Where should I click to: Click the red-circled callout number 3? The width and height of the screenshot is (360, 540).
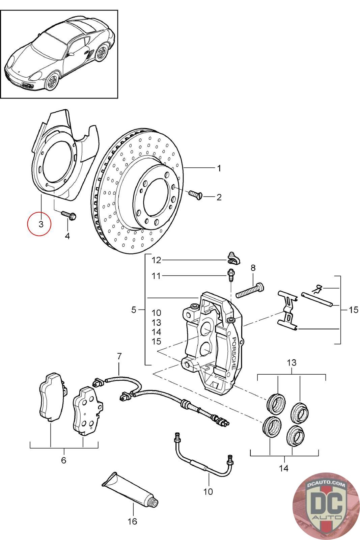coord(40,224)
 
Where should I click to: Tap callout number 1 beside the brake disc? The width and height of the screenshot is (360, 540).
coord(219,168)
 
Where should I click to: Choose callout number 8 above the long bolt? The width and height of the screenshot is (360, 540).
coord(253,268)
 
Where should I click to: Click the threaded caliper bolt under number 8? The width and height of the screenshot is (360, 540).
coord(250,290)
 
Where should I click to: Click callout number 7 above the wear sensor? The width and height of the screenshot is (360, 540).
coord(119,356)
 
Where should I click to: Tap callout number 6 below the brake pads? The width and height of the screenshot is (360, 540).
coord(64,460)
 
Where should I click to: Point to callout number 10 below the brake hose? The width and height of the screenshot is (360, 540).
coord(209,491)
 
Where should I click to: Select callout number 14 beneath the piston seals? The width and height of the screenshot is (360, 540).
coord(284,468)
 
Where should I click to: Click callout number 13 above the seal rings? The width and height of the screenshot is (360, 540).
coord(292,363)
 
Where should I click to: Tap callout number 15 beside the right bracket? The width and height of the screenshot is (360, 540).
coord(353,309)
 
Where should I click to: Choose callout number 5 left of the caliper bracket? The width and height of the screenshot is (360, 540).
coord(134,309)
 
